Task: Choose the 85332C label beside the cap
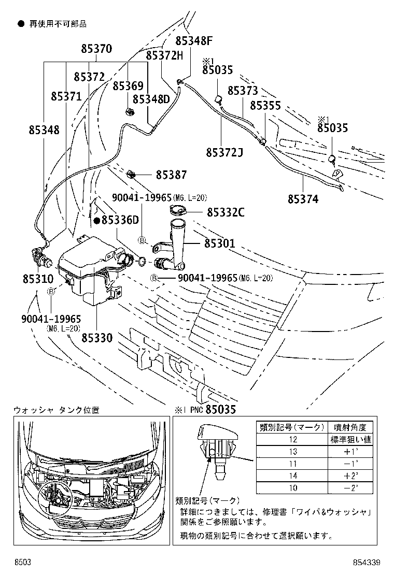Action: (226, 212)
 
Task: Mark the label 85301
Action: (219, 243)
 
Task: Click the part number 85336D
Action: (120, 220)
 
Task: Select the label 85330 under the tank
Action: (96, 337)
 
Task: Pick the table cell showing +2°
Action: (351, 476)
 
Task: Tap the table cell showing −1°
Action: (351, 464)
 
